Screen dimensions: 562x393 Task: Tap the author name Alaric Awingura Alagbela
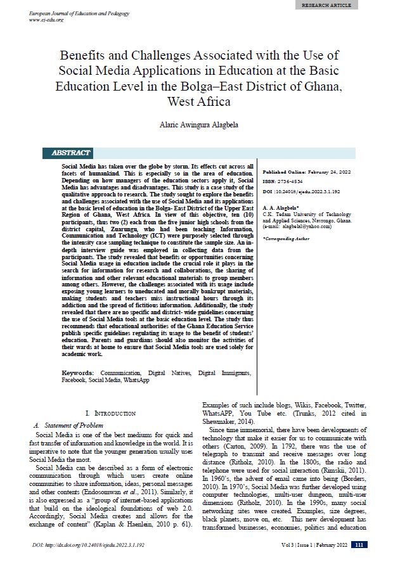[196, 125]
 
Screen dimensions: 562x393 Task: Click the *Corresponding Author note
[285, 238]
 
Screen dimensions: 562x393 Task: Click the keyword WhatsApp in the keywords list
[136, 380]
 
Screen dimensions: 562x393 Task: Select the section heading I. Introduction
[110, 413]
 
